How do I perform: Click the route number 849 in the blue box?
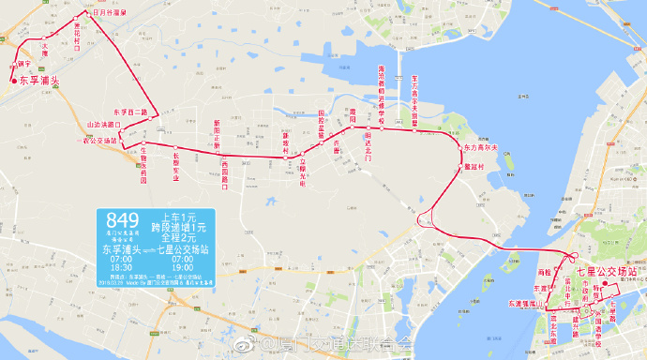tap(123, 222)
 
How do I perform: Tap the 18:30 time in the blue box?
tap(122, 267)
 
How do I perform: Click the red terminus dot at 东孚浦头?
tap(12, 81)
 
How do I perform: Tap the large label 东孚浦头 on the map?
tap(38, 82)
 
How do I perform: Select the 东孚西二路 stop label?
tap(129, 112)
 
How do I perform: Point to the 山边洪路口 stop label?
tap(103, 124)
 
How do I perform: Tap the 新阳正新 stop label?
tap(217, 134)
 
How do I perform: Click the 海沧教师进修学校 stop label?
tap(381, 93)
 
